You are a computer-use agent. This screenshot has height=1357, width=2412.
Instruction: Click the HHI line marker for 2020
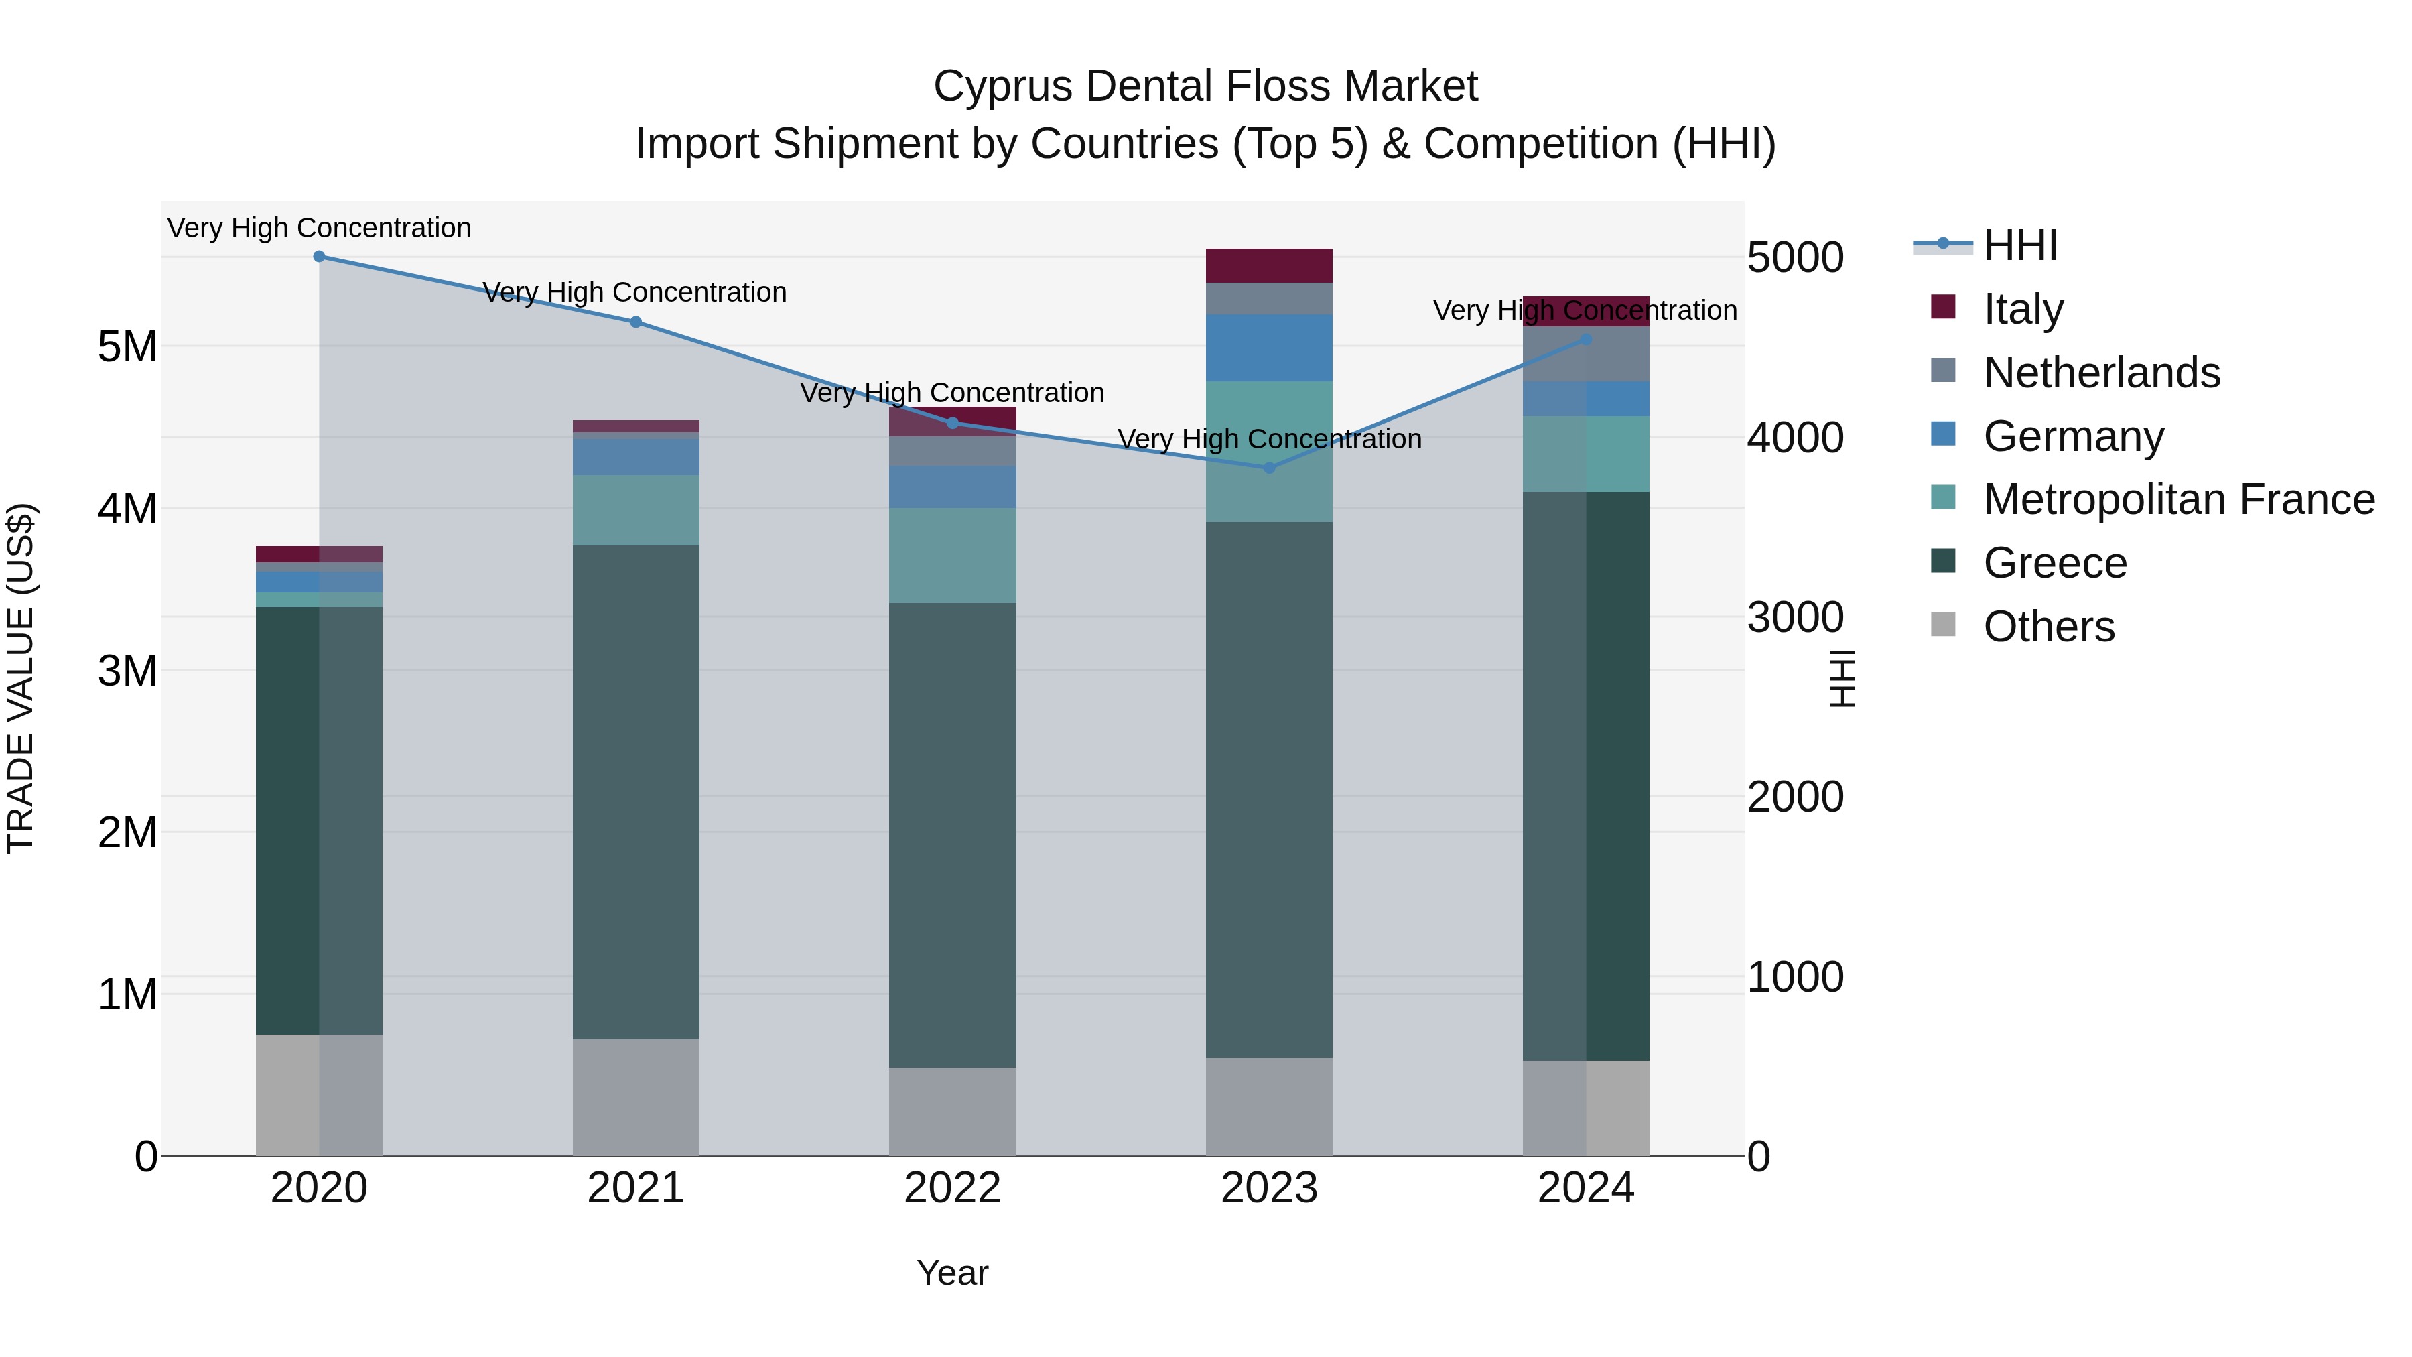320,257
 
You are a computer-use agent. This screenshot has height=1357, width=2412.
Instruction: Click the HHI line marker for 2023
1270,467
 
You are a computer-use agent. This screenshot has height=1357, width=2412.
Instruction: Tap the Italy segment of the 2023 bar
1269,266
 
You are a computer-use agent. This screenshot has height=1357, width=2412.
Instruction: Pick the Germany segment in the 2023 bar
1269,347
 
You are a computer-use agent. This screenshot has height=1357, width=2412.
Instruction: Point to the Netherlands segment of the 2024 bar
1585,354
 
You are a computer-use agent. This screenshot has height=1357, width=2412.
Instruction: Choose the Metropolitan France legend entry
2178,500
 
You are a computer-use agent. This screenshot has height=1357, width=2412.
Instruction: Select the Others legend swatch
1943,625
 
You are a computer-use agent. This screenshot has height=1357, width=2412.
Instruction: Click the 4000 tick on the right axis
1795,438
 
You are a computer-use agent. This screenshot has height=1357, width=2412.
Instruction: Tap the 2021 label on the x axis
636,1188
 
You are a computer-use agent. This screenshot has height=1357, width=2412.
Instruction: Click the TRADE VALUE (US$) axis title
21,678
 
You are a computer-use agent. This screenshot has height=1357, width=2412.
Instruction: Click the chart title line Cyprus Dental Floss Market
1205,86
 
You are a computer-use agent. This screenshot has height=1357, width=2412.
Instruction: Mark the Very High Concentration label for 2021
635,292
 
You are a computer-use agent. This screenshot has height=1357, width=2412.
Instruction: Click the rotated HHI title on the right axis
1842,678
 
